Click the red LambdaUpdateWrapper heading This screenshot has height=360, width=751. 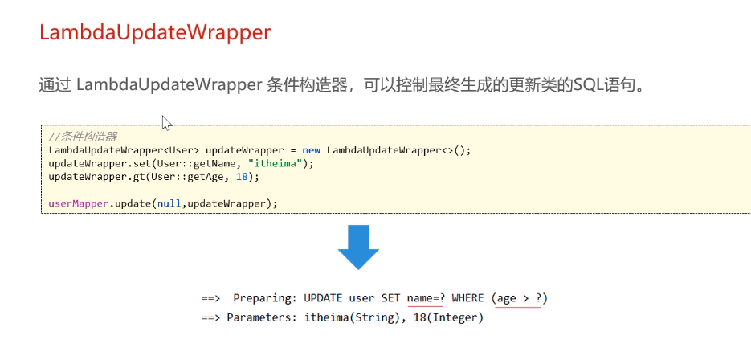tap(155, 32)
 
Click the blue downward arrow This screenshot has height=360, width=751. tap(358, 247)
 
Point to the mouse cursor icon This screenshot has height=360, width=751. tap(166, 122)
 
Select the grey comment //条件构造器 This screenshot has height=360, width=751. tap(83, 137)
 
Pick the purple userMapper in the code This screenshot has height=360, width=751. tap(78, 203)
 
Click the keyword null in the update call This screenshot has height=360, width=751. tap(169, 203)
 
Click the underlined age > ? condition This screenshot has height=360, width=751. tap(517, 298)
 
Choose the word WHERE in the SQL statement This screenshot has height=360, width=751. tap(467, 298)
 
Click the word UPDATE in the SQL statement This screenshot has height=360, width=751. tap(323, 298)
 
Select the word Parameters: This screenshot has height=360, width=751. tap(262, 317)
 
